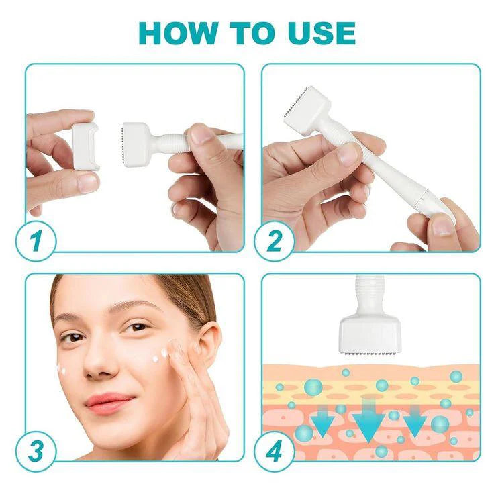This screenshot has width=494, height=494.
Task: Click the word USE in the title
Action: point(317,32)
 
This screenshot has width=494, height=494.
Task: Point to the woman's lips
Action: point(109,403)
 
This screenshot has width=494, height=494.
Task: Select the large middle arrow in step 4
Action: point(368,420)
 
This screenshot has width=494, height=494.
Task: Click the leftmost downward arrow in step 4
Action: point(322,423)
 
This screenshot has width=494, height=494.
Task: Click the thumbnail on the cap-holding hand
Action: point(85,182)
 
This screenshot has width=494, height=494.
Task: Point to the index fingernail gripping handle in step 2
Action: point(349,154)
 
